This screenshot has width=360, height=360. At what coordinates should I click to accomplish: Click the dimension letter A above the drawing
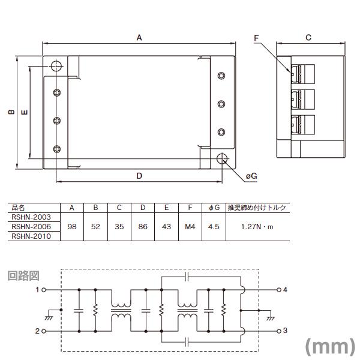click(x=139, y=37)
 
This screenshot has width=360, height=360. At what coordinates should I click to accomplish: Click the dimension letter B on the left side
click(x=11, y=112)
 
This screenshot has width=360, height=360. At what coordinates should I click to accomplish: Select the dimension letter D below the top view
click(x=139, y=176)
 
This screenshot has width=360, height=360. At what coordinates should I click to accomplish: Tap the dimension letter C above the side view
click(x=308, y=37)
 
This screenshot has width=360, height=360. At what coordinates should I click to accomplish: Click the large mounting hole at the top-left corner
click(x=56, y=66)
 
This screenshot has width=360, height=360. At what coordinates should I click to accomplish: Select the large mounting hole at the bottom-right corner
click(x=222, y=158)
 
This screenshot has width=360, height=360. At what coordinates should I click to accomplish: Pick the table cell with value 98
click(x=71, y=227)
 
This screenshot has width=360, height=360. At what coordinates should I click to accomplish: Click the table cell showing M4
click(x=190, y=227)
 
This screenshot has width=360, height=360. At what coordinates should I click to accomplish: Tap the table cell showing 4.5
click(x=213, y=227)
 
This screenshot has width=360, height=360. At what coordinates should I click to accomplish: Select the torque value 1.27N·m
click(x=256, y=227)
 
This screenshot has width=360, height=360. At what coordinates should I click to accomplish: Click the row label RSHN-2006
click(x=32, y=227)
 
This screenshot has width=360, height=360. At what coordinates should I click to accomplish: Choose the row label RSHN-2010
click(x=32, y=236)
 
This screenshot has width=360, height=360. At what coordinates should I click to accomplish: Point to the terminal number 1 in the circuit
click(x=37, y=290)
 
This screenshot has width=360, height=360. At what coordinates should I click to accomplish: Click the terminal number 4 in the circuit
click(x=285, y=290)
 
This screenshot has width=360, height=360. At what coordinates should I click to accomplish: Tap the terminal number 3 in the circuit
click(x=285, y=331)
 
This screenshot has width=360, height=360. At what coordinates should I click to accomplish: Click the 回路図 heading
click(x=23, y=276)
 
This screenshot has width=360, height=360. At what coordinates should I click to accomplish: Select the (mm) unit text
click(x=329, y=346)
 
